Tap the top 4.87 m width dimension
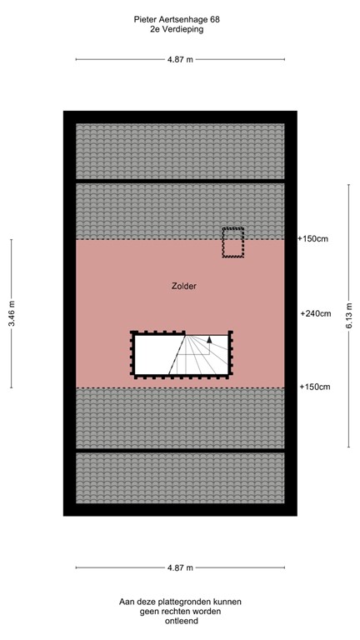coord(180,59)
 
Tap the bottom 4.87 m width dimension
coord(180,568)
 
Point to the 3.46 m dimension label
coord(12,313)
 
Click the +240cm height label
coord(316,314)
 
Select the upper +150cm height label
coord(313,239)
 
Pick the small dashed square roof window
coord(232,242)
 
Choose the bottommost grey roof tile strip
coord(180,477)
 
